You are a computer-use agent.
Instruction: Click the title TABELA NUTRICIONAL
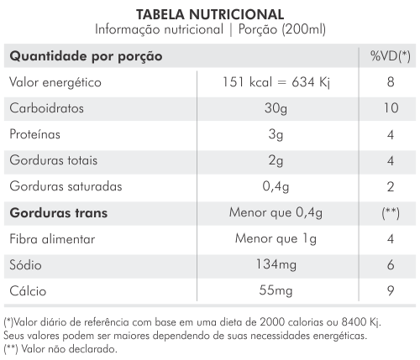(210, 14)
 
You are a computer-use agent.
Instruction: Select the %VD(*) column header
(391, 56)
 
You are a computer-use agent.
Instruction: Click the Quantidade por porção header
(86, 56)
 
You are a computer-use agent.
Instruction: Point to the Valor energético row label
(55, 82)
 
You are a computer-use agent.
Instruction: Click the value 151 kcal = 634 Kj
(276, 82)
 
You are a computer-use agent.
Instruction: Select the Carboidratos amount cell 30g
(276, 108)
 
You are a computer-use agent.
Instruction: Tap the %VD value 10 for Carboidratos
(391, 108)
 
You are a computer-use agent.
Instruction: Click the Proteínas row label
(34, 134)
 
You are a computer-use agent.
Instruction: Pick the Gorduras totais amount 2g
(276, 161)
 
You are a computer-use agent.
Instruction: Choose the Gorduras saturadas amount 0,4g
(276, 187)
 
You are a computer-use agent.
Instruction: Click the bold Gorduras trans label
(59, 213)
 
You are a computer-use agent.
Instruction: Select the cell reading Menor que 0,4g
(276, 213)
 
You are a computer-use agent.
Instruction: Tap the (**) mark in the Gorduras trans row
(391, 213)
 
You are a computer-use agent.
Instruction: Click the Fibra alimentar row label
(52, 239)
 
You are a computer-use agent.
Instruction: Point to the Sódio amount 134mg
(276, 265)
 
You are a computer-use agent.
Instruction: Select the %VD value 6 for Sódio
(391, 265)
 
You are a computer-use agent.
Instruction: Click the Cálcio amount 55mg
(276, 291)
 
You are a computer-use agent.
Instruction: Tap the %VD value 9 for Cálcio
(391, 291)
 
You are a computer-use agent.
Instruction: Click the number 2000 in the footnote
(270, 322)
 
